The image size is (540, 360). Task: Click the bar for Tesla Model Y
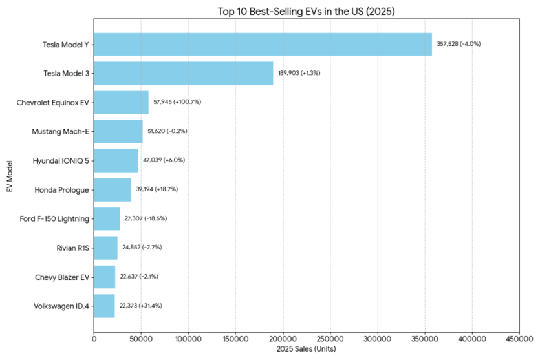263,44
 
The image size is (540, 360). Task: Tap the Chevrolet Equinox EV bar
121,102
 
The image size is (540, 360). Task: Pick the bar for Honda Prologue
113,189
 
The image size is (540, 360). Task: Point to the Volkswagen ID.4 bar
104,306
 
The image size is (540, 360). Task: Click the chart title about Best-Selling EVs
306,11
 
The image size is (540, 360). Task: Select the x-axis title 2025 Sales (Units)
306,349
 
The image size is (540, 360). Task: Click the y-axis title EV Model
8,175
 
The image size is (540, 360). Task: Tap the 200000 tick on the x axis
283,337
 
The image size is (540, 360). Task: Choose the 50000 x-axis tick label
141,337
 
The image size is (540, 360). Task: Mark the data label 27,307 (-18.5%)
146,218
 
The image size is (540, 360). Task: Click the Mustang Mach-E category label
60,131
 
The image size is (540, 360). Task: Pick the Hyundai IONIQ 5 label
61,160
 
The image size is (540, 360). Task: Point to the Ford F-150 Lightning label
55,218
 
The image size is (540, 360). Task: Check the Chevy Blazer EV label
62,277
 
